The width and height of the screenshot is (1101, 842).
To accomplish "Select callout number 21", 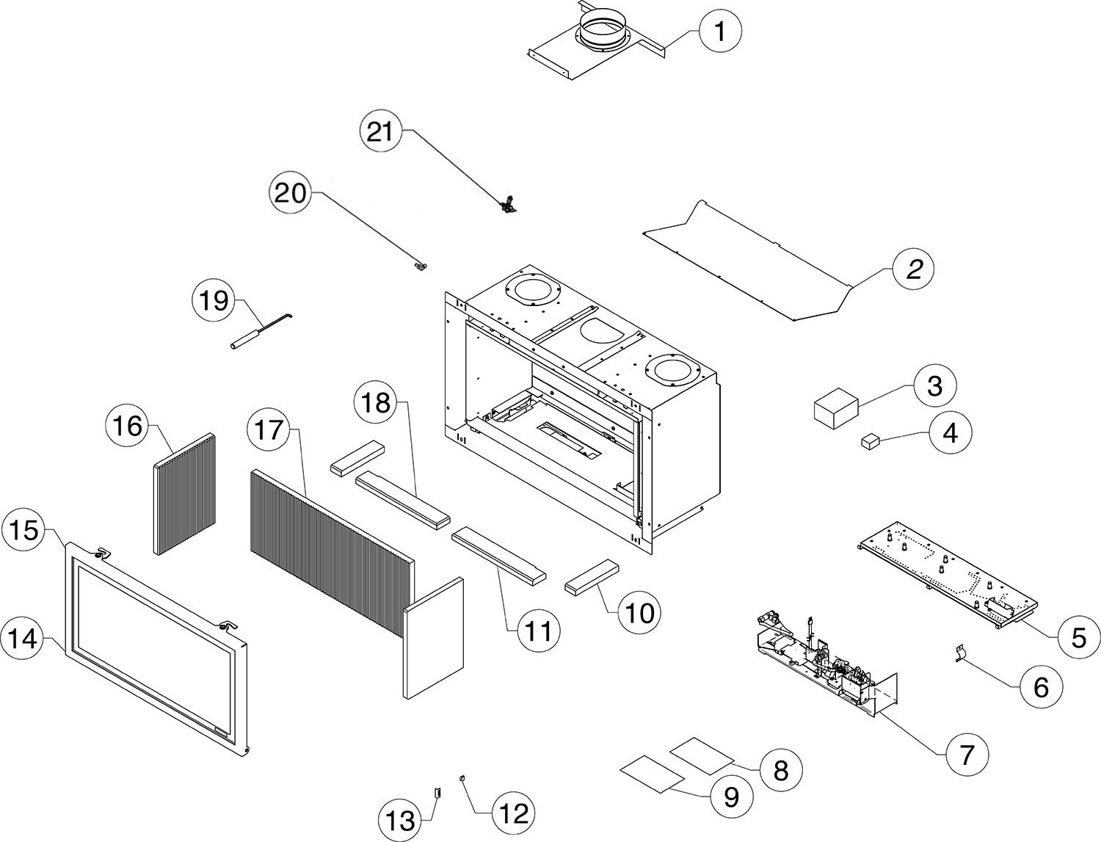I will (x=380, y=133).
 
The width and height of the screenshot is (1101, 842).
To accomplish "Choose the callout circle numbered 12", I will (x=512, y=813).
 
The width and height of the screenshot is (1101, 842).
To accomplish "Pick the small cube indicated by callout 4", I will (x=870, y=441).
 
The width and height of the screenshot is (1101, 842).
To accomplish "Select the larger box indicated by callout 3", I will (x=835, y=408).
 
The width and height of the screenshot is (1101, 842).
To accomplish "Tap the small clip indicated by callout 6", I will (x=959, y=652).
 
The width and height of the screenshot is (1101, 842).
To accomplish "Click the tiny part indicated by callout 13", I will (x=437, y=792).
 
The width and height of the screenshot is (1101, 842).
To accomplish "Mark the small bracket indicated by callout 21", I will (x=506, y=205).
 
